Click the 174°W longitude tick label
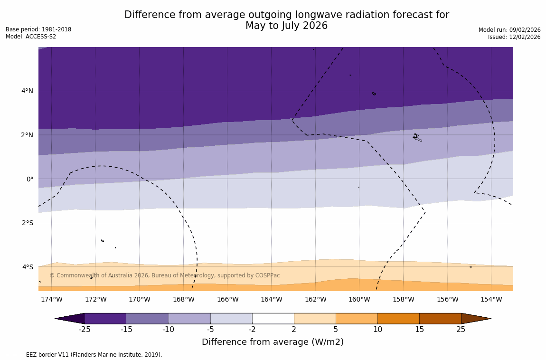point(51,299)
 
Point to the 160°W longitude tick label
point(359,299)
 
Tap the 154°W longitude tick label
point(491,299)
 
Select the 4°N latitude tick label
point(28,91)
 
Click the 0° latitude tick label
point(30,179)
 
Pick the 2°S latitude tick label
point(28,223)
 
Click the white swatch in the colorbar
point(273,318)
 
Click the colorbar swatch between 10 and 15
point(398,318)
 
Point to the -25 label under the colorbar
point(85,330)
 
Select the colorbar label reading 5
point(336,330)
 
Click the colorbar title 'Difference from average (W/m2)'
point(273,342)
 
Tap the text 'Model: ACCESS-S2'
point(31,37)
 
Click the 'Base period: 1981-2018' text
point(38,29)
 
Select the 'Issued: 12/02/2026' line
point(514,37)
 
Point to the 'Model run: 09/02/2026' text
point(509,30)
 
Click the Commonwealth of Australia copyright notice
point(165,275)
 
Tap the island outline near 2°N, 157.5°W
point(417,137)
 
